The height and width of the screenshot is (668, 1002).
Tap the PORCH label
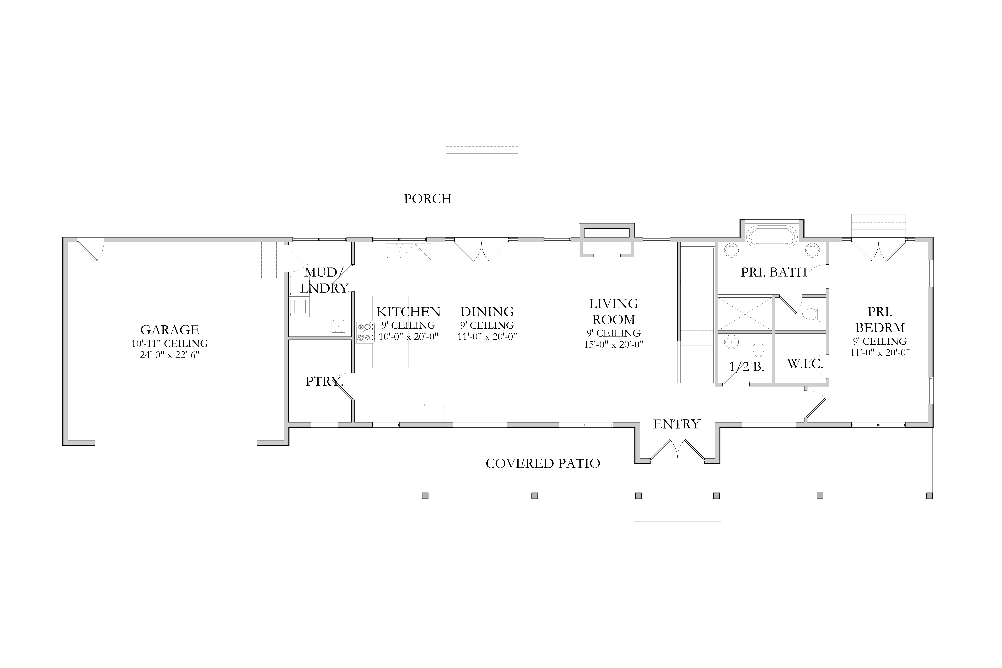pyautogui.click(x=428, y=199)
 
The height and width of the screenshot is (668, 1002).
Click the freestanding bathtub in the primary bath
pyautogui.click(x=772, y=238)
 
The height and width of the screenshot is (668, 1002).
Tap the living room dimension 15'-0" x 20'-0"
pyautogui.click(x=613, y=344)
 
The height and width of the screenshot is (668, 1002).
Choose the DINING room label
pyautogui.click(x=487, y=312)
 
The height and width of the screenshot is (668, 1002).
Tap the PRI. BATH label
pyautogui.click(x=774, y=272)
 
